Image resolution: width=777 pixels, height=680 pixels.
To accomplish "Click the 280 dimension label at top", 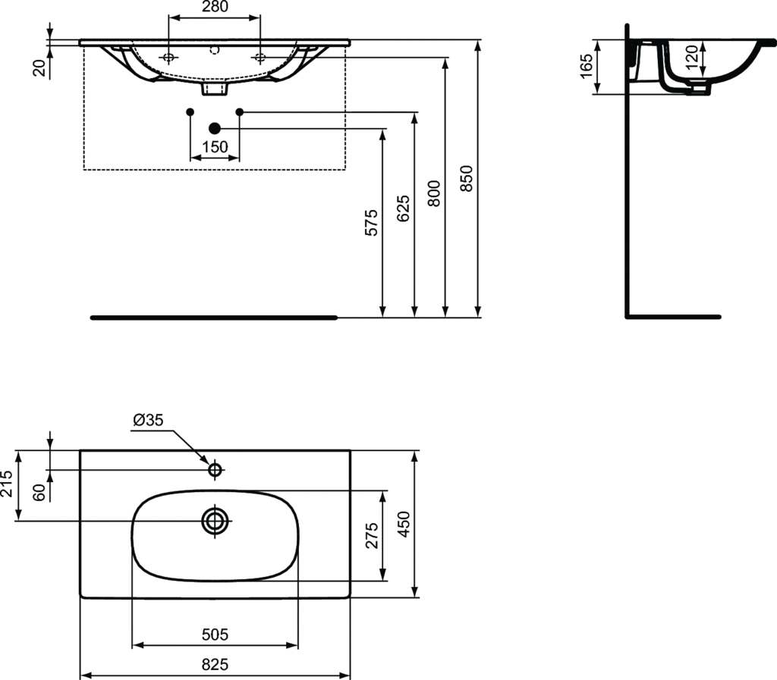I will (x=214, y=8).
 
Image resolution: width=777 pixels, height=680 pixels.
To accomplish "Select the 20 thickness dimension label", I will (x=40, y=67).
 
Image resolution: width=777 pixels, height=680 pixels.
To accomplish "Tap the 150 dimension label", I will (x=215, y=147).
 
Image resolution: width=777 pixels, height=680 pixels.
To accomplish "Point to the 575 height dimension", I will (x=371, y=223).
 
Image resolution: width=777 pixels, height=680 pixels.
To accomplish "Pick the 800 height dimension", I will (x=434, y=194).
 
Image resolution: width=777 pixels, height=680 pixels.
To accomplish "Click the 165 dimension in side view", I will (x=587, y=67).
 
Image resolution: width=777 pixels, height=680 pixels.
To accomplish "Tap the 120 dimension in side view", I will (x=691, y=57).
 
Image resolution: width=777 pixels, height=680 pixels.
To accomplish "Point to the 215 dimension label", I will (x=8, y=484).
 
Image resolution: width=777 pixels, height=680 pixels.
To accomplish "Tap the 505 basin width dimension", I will (x=215, y=634).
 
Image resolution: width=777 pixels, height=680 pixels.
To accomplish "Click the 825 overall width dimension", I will (x=215, y=664).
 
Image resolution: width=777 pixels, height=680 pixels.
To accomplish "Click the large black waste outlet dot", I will (x=215, y=129).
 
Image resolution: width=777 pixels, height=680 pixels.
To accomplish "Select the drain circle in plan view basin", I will (x=215, y=520).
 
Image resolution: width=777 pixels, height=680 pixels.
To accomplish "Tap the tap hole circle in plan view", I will (x=215, y=470).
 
